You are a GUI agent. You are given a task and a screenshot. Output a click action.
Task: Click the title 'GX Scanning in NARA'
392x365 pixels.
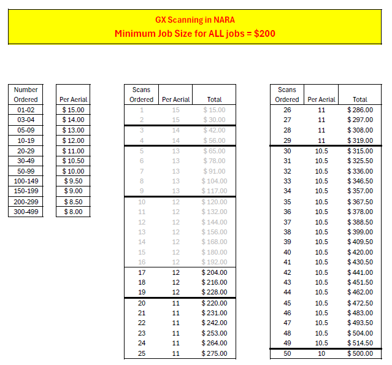coord(196,19)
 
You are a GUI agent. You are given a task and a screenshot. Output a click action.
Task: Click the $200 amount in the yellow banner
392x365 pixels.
coord(264,33)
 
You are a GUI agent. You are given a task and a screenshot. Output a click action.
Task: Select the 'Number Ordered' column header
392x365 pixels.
coord(26,94)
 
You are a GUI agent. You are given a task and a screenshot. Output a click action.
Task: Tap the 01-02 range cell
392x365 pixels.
coord(26,110)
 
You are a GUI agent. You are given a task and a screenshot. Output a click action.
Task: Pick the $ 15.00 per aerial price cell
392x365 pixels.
coord(73,110)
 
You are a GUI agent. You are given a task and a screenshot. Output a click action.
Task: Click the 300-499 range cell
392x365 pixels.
coord(26,212)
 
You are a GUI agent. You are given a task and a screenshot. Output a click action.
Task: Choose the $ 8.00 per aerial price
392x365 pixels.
coord(73,212)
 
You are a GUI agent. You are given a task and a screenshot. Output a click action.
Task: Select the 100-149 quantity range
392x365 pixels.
coord(26,181)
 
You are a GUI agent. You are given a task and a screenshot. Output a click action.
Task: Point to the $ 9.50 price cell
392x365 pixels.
coord(73,181)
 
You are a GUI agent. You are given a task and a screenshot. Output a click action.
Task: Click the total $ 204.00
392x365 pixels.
coord(214,272)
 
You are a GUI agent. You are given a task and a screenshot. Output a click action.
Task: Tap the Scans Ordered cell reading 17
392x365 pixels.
coord(142,272)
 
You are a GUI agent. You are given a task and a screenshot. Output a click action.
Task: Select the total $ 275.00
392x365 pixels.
coord(214,354)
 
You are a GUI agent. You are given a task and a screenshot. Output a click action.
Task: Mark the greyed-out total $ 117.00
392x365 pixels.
coord(214,191)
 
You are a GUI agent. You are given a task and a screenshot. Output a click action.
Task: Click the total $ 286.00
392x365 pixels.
coord(359,110)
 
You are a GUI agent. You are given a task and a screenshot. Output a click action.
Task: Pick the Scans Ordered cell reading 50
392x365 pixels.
coord(287,354)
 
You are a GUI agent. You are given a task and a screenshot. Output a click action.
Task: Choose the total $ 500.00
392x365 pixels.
coord(359,354)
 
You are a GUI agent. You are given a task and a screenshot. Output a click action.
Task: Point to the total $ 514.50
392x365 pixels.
coord(359,344)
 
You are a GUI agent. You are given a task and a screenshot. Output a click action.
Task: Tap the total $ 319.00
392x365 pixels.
coord(359,140)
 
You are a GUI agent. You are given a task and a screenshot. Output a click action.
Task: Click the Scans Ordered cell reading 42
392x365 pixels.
coord(287,272)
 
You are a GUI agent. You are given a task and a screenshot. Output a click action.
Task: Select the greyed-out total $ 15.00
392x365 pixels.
coord(214,110)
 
